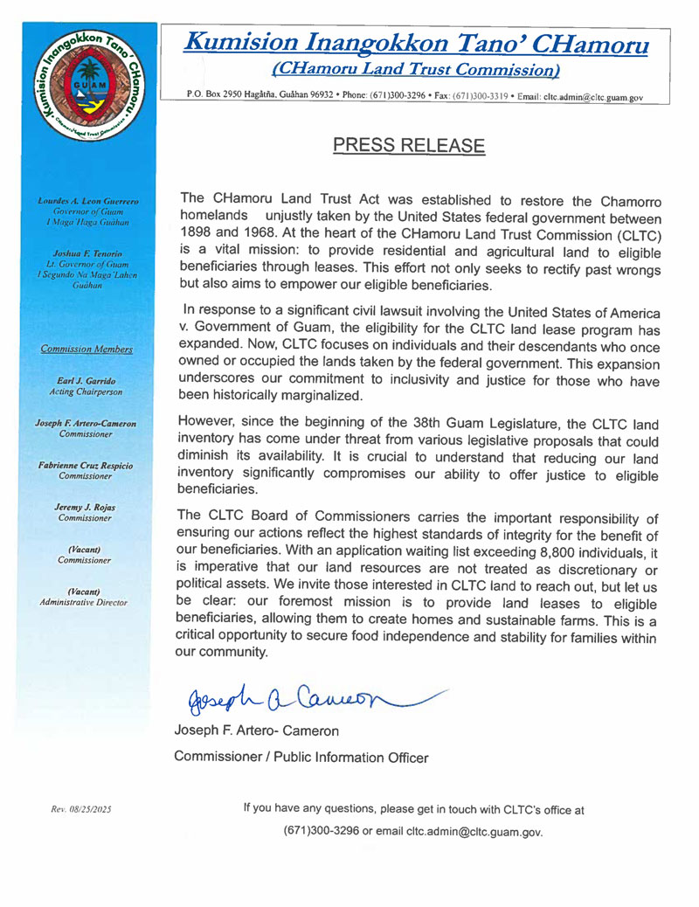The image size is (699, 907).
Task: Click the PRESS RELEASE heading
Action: (x=408, y=144)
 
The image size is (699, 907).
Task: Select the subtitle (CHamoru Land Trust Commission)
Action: (x=416, y=67)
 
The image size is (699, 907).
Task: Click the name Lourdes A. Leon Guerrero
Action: (x=85, y=202)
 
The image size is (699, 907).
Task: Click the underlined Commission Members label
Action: (x=86, y=350)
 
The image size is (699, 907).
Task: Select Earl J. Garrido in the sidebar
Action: (x=85, y=382)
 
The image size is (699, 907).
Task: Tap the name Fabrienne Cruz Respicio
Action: (x=85, y=467)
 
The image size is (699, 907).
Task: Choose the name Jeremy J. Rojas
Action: (x=85, y=509)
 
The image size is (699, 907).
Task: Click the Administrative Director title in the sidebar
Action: (x=85, y=602)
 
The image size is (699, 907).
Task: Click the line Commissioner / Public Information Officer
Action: (x=302, y=757)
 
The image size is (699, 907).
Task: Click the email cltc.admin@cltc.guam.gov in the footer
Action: (x=473, y=831)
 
